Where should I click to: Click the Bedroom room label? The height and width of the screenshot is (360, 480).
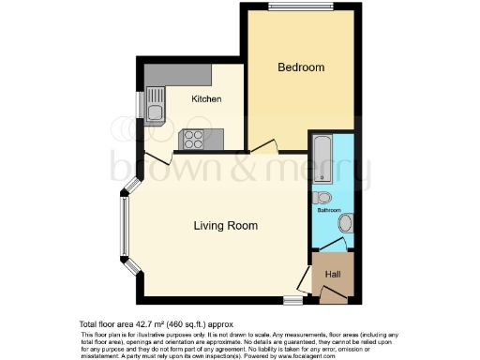[x=301, y=67]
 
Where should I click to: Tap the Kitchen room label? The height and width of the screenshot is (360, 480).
[x=206, y=98]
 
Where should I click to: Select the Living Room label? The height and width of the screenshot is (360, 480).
[x=226, y=226]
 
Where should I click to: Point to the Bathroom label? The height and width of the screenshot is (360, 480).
[x=328, y=210]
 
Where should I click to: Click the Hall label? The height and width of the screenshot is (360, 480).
[x=333, y=275]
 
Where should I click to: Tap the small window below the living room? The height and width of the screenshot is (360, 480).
[x=292, y=300]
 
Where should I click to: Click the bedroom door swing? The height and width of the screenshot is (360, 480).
[x=265, y=144]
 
